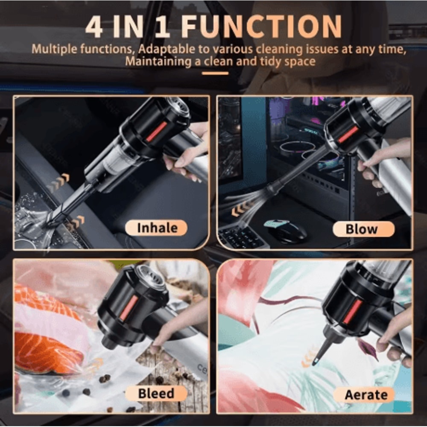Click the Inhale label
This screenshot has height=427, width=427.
tap(156, 228)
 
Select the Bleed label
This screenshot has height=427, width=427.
tap(156, 393)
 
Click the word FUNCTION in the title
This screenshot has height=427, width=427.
tap(261, 27)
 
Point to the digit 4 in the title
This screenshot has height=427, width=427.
tap(94, 27)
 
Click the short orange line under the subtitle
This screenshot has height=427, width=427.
tap(215, 73)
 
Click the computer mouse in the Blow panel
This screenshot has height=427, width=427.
tap(285, 231)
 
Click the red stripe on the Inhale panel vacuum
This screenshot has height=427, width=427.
tap(156, 131)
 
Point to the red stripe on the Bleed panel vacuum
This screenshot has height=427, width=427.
tap(128, 307)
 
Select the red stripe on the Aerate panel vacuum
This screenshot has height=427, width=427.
tap(352, 311)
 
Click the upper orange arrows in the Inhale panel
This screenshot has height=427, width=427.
tap(58, 182)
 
